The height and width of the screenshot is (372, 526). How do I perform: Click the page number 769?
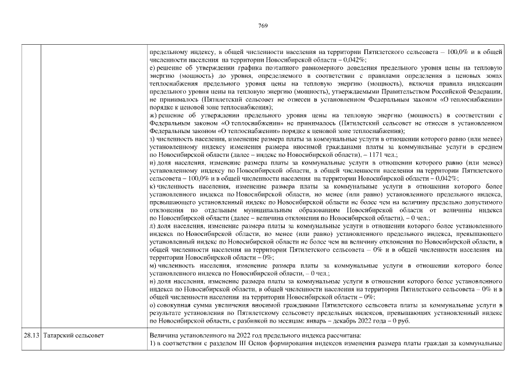(x=262, y=26)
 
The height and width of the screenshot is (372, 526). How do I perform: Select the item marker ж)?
(x=153, y=116)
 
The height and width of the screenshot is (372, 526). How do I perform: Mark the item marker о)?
(x=152, y=305)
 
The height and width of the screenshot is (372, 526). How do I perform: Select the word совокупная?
(x=176, y=305)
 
